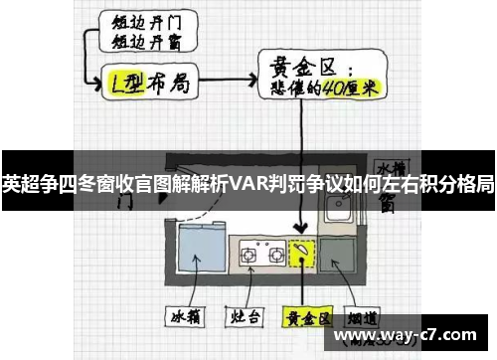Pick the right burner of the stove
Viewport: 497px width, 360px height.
(272, 253)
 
